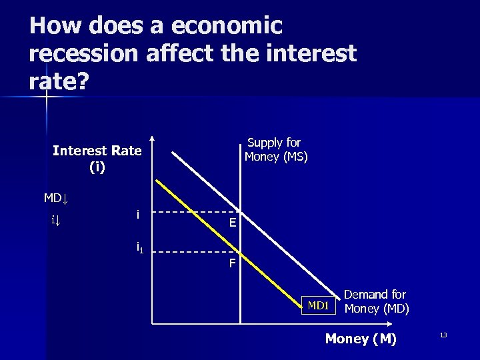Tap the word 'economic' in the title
point(227,26)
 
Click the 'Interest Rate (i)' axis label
point(97,159)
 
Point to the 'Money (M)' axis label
point(361,339)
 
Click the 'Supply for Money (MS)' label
point(275,150)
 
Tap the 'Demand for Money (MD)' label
point(377,302)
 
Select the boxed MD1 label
point(318,306)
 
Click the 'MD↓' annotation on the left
point(57,198)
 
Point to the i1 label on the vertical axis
point(140,248)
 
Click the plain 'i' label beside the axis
point(137,214)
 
